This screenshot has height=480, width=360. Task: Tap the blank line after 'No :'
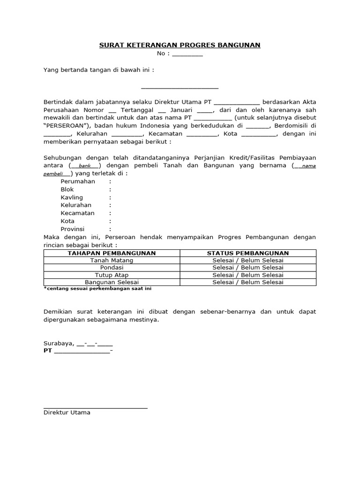(x=187, y=54)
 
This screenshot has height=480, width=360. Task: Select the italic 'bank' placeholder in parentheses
(x=84, y=166)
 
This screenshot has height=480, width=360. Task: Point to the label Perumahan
(x=78, y=181)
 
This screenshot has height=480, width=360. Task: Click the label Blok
(x=67, y=189)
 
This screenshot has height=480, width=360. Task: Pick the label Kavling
(x=72, y=197)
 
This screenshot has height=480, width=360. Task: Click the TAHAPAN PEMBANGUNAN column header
(x=112, y=253)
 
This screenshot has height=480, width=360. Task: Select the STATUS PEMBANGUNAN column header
(x=248, y=253)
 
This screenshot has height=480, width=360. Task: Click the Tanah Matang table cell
(x=112, y=261)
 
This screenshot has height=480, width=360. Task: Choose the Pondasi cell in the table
(x=112, y=268)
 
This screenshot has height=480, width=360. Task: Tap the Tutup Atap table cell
(x=112, y=275)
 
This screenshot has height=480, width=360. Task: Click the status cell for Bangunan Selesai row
(x=248, y=282)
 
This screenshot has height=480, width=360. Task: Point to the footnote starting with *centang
(x=97, y=289)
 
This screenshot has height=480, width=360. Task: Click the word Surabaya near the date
(x=58, y=343)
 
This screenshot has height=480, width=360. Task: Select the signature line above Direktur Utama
(x=96, y=408)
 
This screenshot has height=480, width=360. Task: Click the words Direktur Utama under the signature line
(x=67, y=412)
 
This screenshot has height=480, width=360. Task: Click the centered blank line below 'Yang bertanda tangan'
(x=180, y=87)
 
